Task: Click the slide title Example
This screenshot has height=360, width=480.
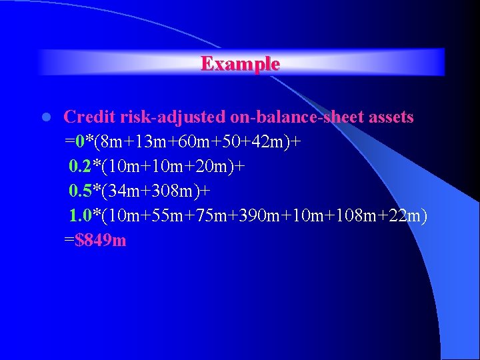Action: [240, 63]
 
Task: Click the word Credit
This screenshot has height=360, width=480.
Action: [90, 117]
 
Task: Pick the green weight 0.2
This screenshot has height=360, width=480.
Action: [81, 167]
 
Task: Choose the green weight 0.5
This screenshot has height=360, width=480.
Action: [81, 191]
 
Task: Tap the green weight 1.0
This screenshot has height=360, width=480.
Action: [81, 216]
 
